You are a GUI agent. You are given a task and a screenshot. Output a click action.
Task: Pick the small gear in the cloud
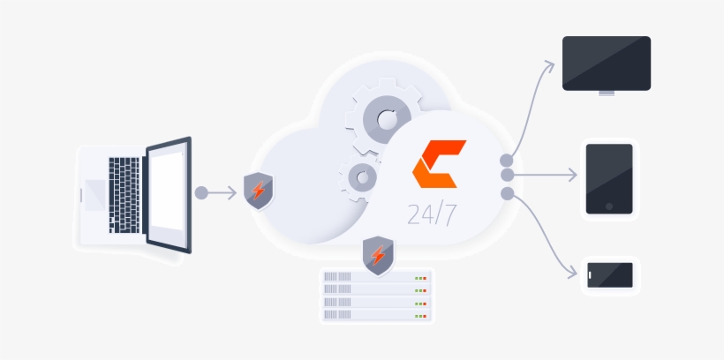point(360,177)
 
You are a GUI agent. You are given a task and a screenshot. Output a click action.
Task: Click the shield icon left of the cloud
point(258,191)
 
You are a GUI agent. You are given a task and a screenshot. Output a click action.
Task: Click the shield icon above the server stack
point(378,255)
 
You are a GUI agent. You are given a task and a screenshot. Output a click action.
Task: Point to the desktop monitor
point(607,63)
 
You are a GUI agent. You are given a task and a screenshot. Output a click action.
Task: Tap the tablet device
point(609,178)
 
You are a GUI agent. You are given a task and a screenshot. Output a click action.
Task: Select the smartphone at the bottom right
point(611,274)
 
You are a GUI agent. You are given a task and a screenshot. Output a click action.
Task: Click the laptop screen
point(168,193)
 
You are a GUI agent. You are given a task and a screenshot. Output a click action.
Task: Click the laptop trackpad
point(94,194)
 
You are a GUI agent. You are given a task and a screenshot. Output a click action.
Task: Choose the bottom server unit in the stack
point(376,314)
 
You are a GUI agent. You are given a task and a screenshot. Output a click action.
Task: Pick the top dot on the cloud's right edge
point(507,161)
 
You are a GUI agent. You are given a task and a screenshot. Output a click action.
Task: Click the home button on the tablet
point(609,207)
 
